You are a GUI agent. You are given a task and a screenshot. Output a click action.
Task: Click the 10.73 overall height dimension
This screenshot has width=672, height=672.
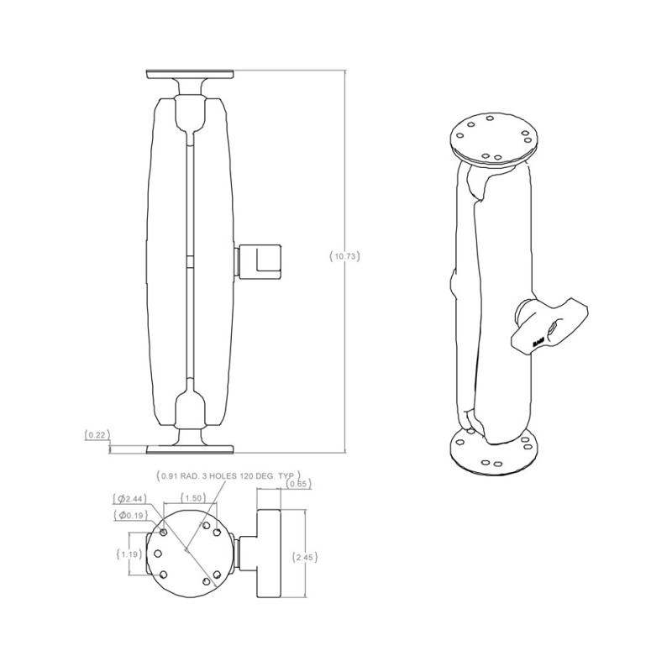coord(345,256)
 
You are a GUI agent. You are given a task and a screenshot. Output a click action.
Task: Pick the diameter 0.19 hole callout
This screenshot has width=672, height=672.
coord(134,514)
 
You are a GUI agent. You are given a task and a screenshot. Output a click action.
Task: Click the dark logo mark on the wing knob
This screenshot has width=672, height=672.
coord(538,341)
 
